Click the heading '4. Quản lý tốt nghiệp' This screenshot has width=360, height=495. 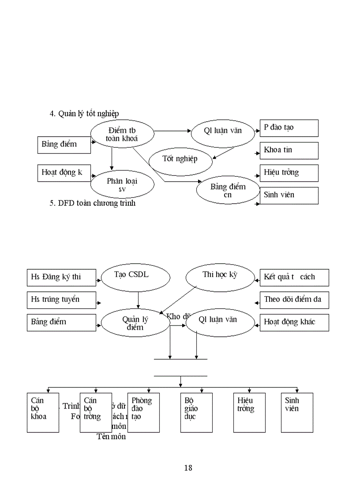click(84, 114)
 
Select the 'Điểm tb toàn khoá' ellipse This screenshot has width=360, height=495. click(122, 134)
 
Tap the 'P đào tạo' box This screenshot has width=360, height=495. click(289, 128)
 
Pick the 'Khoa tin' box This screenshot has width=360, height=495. click(289, 150)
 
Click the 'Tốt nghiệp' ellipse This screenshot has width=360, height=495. click(180, 159)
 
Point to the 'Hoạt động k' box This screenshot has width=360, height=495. click(64, 172)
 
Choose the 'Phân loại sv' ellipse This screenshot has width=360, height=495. click(122, 185)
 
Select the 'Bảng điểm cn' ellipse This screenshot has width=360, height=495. click(228, 190)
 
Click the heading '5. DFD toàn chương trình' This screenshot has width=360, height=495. click(92, 203)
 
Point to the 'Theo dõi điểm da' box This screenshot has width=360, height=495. click(294, 300)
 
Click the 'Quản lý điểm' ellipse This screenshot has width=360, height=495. click(135, 323)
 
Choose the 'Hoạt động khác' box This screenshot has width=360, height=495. click(294, 322)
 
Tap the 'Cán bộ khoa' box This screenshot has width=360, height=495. click(43, 412)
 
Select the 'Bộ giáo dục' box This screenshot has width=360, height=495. click(196, 412)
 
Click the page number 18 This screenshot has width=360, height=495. click(188, 468)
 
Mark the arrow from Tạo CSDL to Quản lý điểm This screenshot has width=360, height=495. click(138, 301)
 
